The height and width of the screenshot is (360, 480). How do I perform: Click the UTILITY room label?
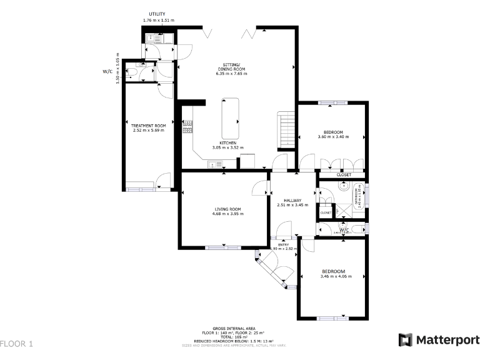click(157, 14)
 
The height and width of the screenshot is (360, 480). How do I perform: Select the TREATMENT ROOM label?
click(148, 126)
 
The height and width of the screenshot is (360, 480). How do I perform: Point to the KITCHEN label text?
click(227, 142)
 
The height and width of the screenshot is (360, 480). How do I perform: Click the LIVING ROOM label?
click(227, 209)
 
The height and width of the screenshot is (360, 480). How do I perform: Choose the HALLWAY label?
click(292, 199)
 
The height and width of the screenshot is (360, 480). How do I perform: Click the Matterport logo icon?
click(405, 339)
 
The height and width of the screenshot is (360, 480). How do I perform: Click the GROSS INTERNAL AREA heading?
click(233, 328)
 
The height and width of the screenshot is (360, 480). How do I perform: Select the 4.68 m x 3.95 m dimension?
click(227, 214)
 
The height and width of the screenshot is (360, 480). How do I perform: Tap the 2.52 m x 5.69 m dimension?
click(148, 131)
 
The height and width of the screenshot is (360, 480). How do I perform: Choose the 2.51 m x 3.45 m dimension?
click(292, 204)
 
